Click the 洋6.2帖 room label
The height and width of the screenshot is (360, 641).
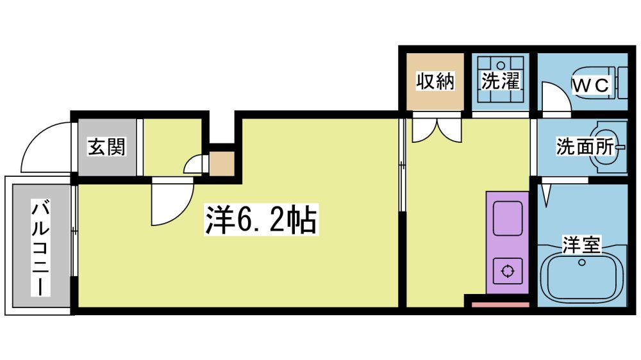point(262,220)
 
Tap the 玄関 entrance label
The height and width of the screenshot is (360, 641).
point(106,146)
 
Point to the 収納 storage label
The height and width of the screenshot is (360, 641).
point(435,81)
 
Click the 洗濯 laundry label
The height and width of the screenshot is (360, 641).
point(500,80)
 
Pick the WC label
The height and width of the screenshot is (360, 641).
point(590,85)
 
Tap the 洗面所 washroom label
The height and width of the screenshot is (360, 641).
point(585,146)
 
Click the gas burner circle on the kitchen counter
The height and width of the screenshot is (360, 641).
point(507,271)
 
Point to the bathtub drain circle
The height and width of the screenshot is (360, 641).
point(582,263)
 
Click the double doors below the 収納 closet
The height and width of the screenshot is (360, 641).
point(437,130)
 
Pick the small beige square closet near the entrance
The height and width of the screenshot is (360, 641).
point(222,163)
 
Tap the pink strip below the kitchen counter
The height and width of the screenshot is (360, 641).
point(501,304)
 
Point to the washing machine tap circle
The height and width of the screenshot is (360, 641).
point(501,64)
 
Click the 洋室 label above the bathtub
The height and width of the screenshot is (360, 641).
point(581,245)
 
